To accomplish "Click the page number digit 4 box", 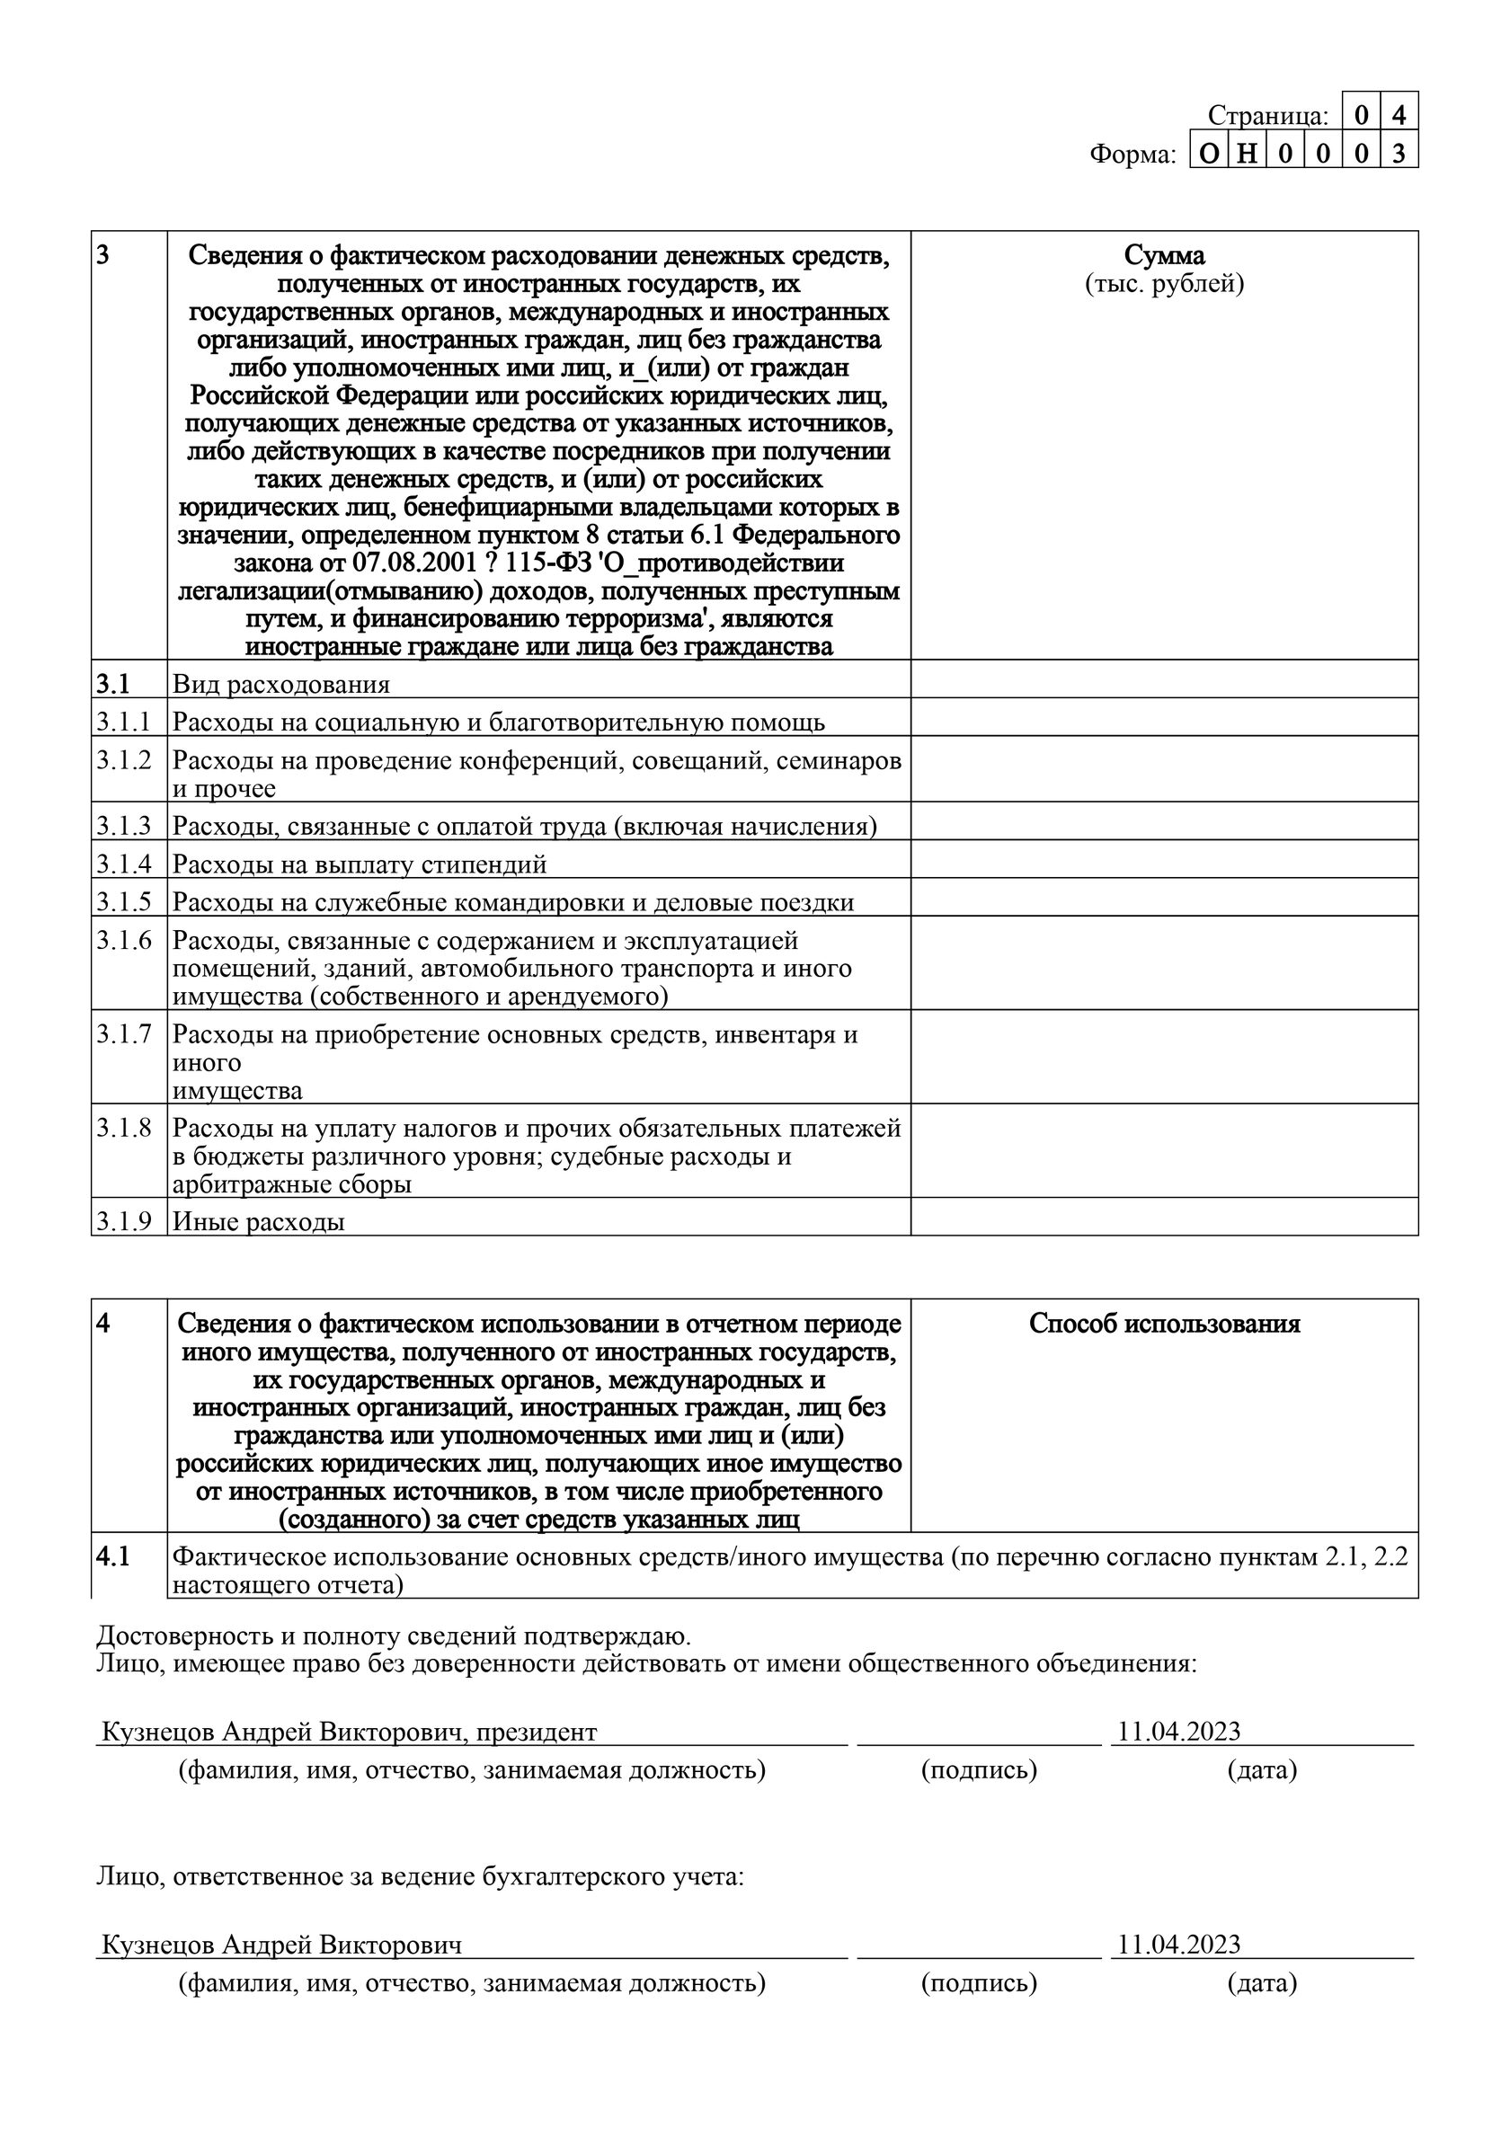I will tap(1399, 115).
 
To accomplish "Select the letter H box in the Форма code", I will tap(1248, 154).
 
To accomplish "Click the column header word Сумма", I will tap(1164, 255).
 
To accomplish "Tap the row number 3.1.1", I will tap(124, 722).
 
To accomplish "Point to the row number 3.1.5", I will tap(124, 901).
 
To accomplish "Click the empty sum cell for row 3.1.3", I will tap(1164, 821).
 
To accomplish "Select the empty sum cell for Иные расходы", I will tap(1164, 1217).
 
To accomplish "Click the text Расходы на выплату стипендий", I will tap(360, 864).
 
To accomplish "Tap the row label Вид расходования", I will tap(281, 685).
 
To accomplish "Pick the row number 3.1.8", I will tap(124, 1129).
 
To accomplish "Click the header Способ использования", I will tap(1164, 1324).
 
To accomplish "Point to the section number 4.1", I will tap(113, 1555).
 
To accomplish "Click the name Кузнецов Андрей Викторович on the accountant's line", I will tap(281, 1945).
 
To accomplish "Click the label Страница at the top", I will tap(1267, 116).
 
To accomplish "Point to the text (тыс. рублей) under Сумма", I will tap(1164, 284).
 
